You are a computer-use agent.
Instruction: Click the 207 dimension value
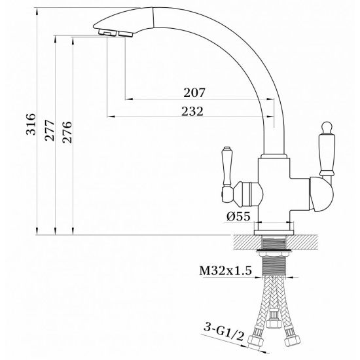(194, 92)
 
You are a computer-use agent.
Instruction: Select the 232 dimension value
(192, 111)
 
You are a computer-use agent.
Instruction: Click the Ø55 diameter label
(240, 217)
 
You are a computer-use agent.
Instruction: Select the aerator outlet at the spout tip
(110, 33)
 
